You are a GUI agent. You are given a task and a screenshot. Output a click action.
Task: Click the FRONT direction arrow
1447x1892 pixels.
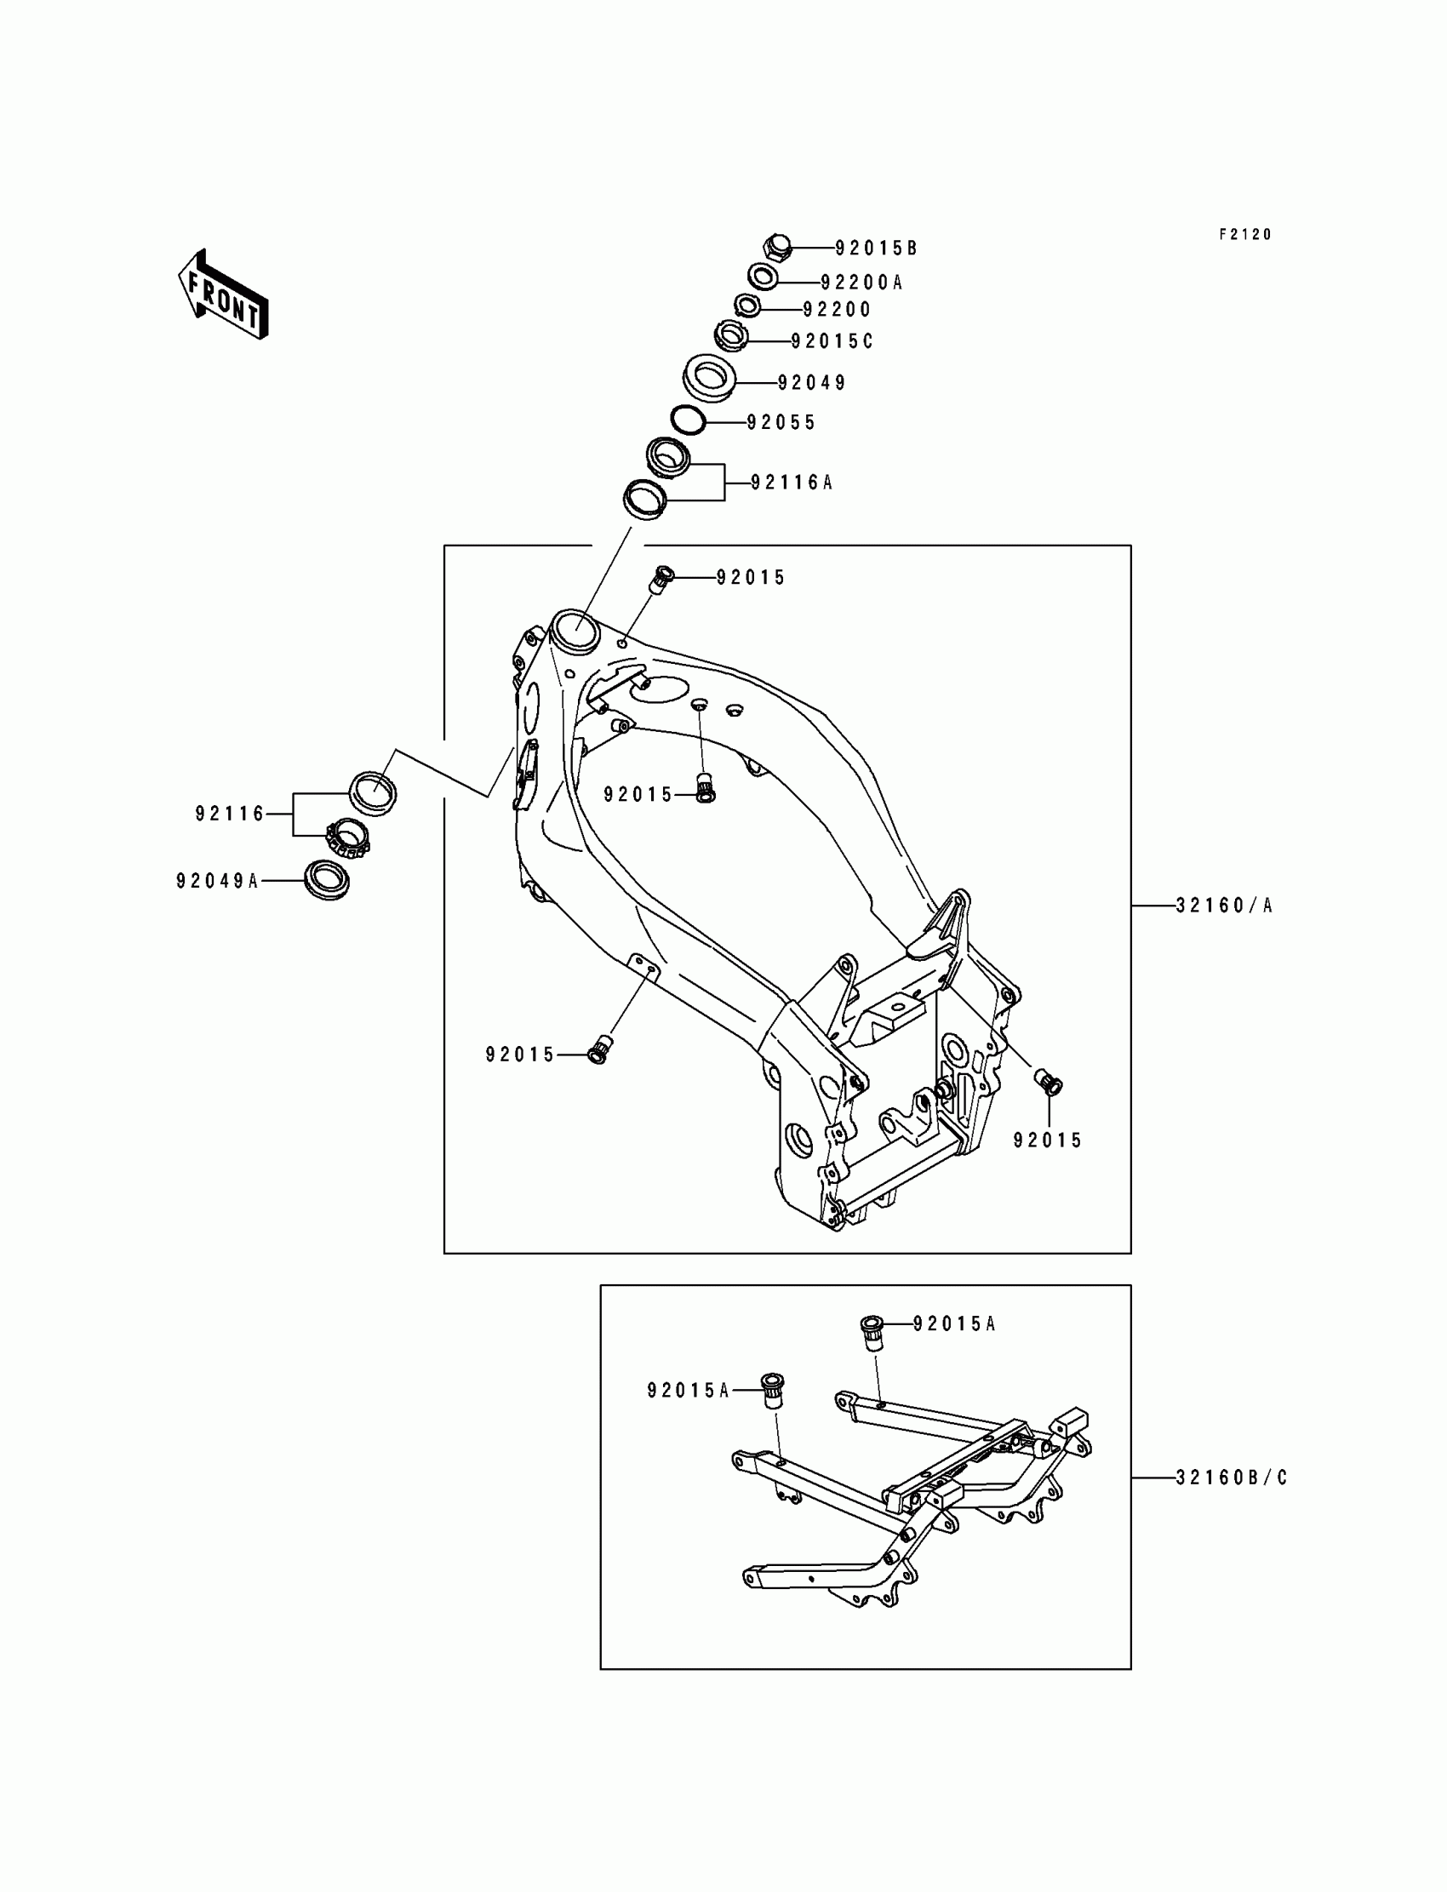pyautogui.click(x=223, y=294)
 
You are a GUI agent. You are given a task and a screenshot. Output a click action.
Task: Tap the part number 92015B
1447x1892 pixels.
pyautogui.click(x=876, y=249)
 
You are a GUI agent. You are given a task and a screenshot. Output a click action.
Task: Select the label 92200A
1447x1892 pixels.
pyautogui.click(x=861, y=283)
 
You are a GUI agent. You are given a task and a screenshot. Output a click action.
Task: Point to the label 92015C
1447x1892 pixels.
pyautogui.click(x=832, y=342)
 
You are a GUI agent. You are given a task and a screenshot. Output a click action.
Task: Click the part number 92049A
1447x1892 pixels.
pyautogui.click(x=217, y=881)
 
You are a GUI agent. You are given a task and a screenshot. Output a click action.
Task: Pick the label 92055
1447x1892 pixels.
pyautogui.click(x=781, y=423)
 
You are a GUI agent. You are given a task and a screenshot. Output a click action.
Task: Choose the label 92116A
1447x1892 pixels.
pyautogui.click(x=792, y=483)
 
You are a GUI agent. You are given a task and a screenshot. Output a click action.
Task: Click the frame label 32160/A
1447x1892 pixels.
pyautogui.click(x=1224, y=905)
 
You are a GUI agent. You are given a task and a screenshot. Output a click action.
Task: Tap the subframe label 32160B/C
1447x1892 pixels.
pyautogui.click(x=1232, y=1478)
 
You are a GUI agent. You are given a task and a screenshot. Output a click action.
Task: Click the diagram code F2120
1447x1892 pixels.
pyautogui.click(x=1244, y=234)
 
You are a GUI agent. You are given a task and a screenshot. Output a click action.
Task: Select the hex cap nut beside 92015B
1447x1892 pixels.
pyautogui.click(x=778, y=247)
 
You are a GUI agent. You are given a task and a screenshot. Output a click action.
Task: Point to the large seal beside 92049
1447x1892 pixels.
pyautogui.click(x=710, y=377)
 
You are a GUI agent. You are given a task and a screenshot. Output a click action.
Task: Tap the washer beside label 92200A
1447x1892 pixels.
pyautogui.click(x=763, y=277)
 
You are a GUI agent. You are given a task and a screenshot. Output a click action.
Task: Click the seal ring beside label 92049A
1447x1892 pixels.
pyautogui.click(x=329, y=879)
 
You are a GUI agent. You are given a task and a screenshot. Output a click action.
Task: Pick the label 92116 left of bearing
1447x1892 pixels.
pyautogui.click(x=230, y=814)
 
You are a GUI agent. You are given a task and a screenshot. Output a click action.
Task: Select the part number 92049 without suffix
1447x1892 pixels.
pyautogui.click(x=811, y=383)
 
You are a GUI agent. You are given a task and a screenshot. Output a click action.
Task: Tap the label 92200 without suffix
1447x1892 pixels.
pyautogui.click(x=837, y=310)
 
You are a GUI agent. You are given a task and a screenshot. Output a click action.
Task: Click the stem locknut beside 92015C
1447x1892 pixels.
pyautogui.click(x=732, y=334)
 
